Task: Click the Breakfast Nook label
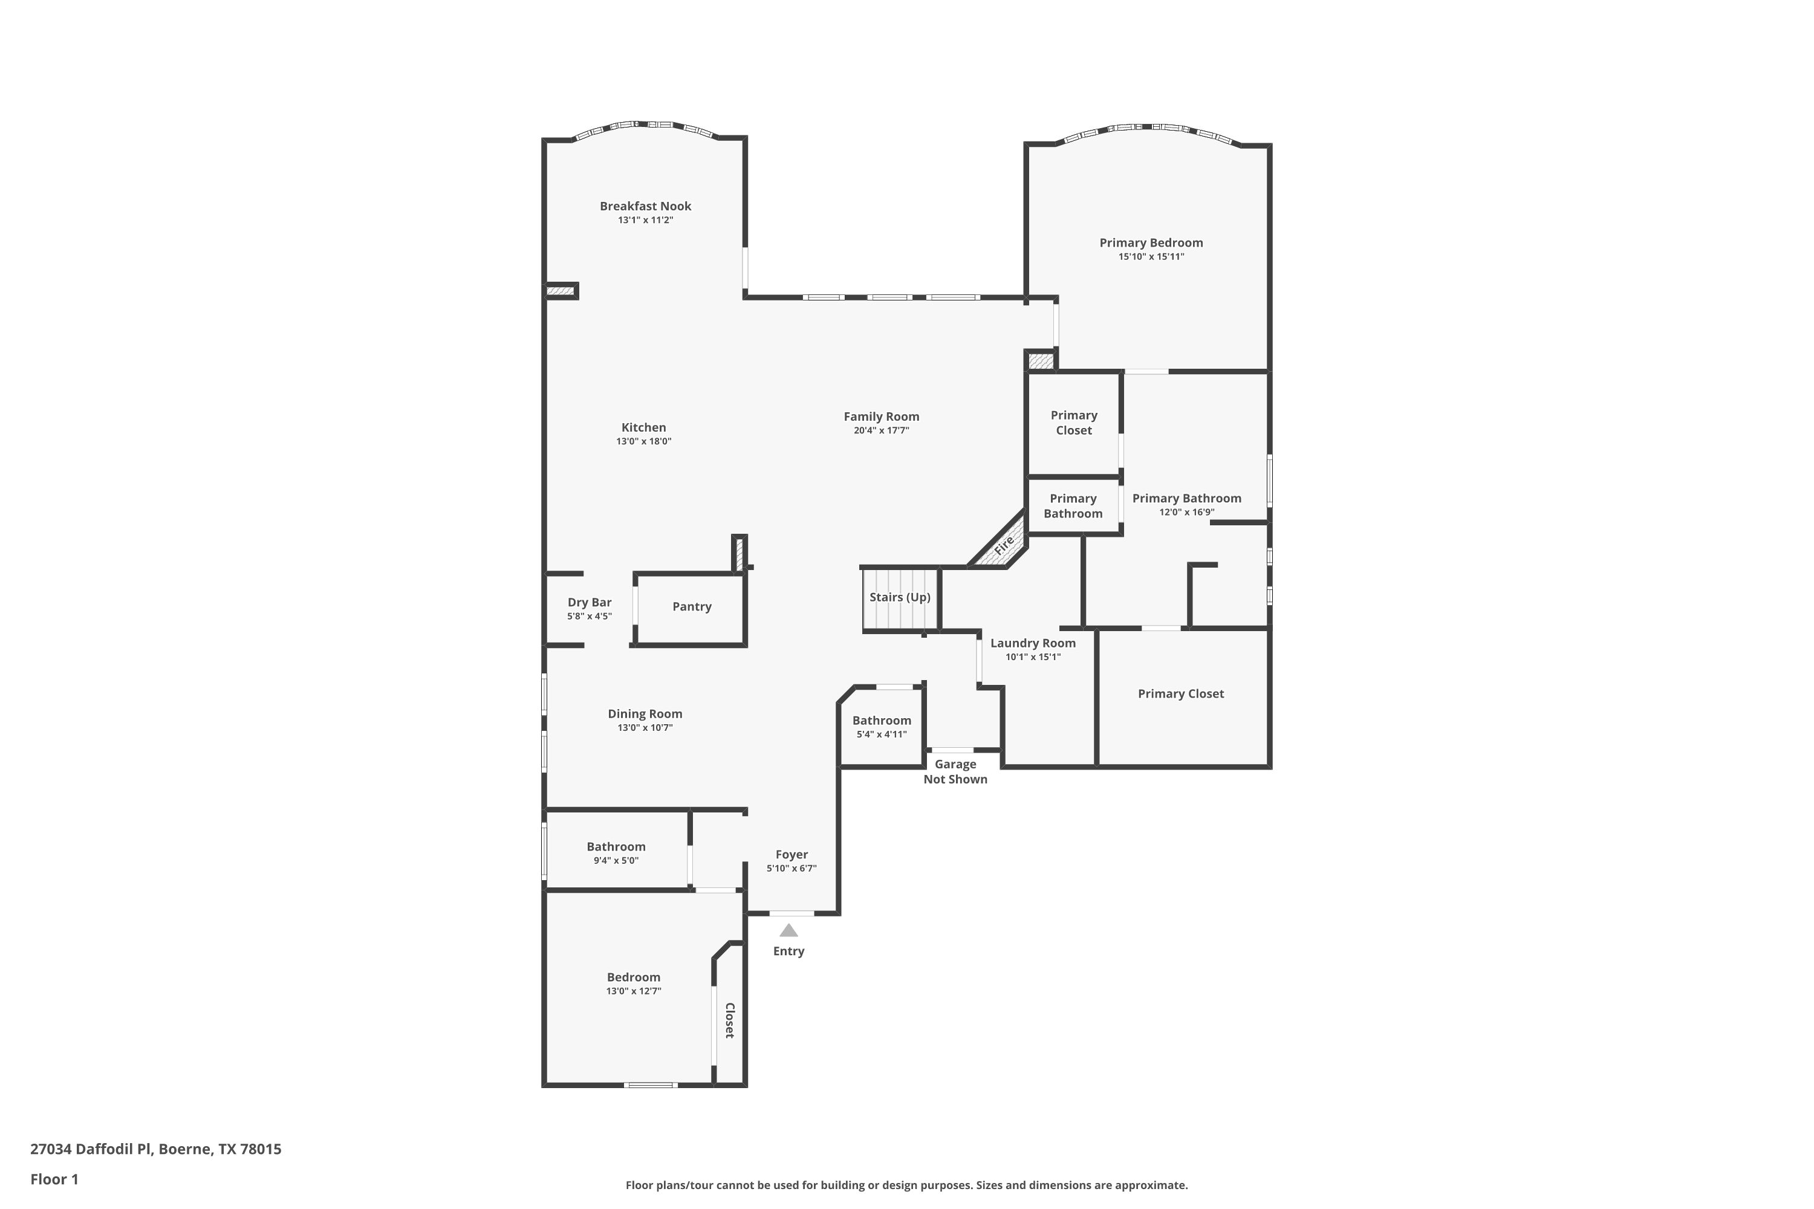(x=646, y=206)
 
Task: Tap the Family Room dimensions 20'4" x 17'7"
(x=882, y=431)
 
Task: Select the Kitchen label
(x=644, y=427)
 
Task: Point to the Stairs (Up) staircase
(x=900, y=598)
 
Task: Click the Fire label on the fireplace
(x=1003, y=545)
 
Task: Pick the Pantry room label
(x=692, y=607)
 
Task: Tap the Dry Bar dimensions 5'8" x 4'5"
(x=590, y=617)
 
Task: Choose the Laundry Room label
(x=1033, y=643)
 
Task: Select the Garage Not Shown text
(x=955, y=772)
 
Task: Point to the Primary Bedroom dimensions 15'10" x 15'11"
(x=1151, y=257)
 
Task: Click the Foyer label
(x=792, y=854)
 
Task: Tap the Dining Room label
(x=645, y=714)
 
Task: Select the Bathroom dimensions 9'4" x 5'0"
(x=616, y=860)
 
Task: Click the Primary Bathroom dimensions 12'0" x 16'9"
(x=1187, y=513)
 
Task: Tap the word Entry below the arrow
(x=789, y=951)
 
